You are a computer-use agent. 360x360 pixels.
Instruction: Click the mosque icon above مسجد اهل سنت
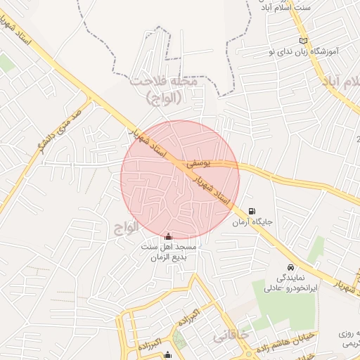(x=167, y=238)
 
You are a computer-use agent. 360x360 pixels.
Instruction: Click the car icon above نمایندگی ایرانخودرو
(x=290, y=267)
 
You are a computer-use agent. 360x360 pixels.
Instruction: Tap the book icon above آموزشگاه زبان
(x=303, y=39)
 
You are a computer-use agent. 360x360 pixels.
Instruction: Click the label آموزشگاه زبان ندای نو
(x=313, y=52)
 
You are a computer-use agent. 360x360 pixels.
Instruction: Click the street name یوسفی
(x=198, y=163)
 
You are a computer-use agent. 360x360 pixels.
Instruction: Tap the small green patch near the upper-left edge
(x=6, y=63)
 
